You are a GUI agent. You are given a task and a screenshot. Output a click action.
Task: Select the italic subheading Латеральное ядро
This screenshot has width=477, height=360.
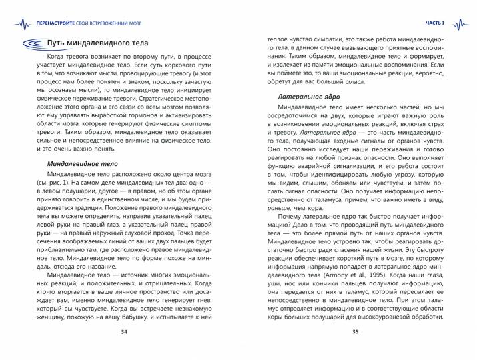pos(307,97)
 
